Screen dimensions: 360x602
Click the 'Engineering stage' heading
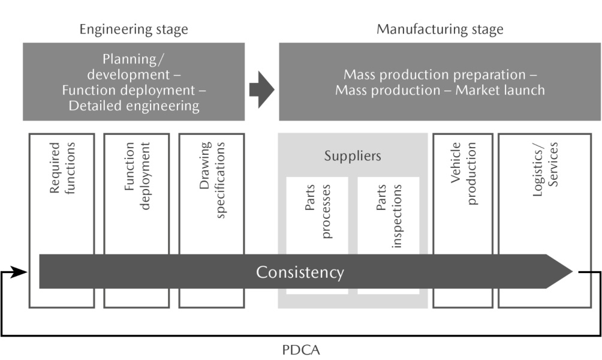(134, 29)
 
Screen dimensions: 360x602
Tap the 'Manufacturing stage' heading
(440, 29)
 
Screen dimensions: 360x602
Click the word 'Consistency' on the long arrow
(300, 272)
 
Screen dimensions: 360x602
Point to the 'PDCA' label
(301, 349)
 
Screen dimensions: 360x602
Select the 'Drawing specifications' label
(212, 179)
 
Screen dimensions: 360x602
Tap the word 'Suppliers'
(353, 157)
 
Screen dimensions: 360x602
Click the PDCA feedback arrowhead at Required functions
(22, 272)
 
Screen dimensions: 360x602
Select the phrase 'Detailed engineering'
(134, 106)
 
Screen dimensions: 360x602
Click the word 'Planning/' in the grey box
(133, 59)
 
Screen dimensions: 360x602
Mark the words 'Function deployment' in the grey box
(130, 91)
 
